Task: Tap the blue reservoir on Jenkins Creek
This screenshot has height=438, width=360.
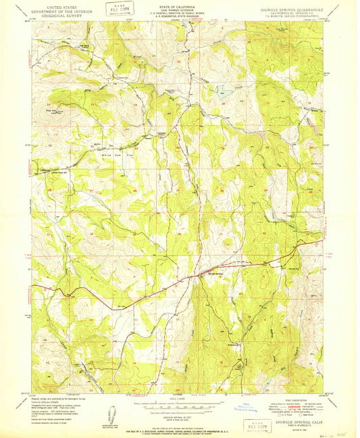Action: (223, 92)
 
